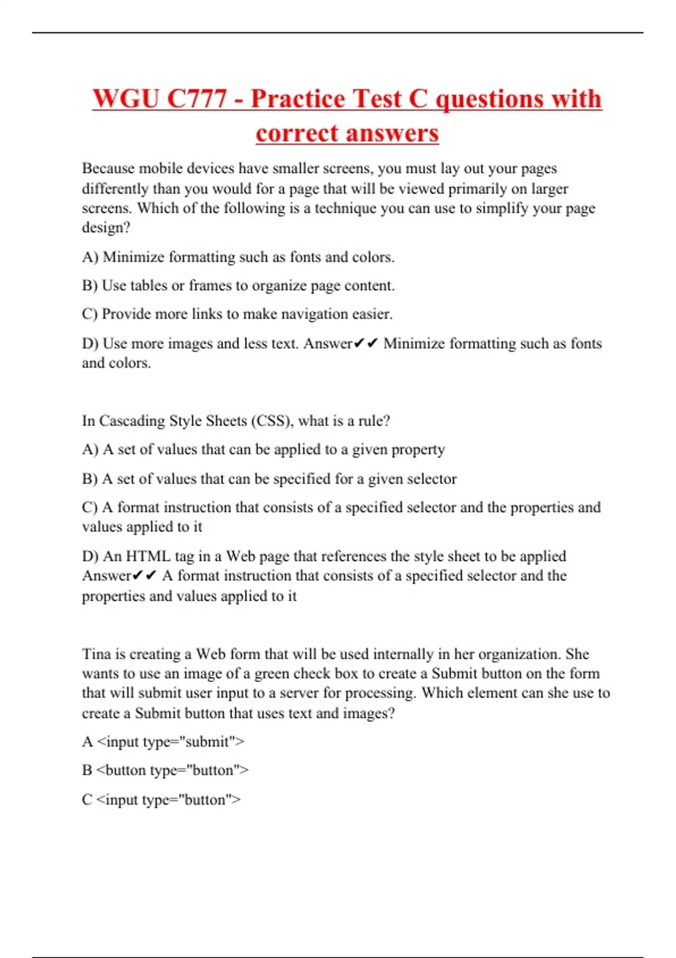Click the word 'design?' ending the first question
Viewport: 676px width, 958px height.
(x=106, y=228)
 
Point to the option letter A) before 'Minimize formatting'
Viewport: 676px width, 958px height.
(x=90, y=257)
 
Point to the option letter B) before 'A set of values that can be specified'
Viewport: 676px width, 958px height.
(x=90, y=479)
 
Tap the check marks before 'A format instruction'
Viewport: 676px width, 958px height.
(x=144, y=576)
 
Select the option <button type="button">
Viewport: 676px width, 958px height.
(x=172, y=770)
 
